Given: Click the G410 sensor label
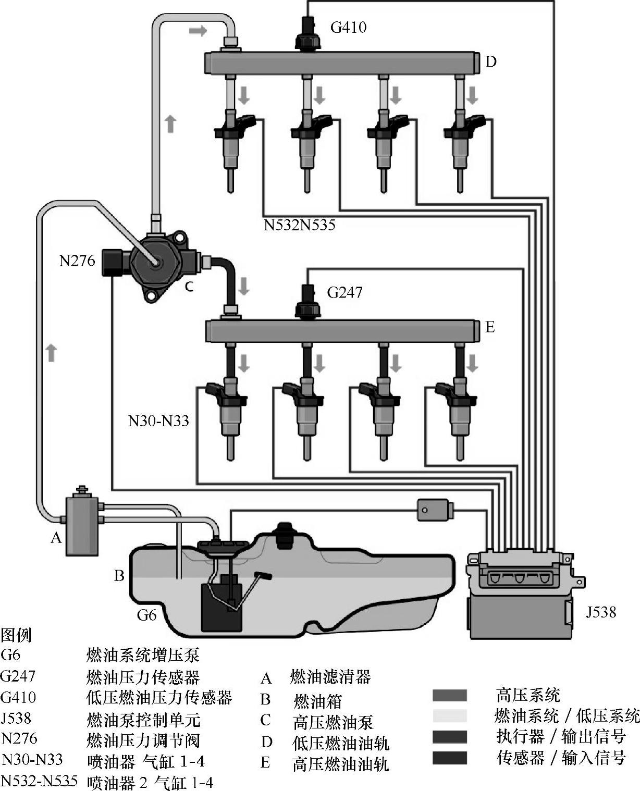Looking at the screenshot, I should coord(348,27).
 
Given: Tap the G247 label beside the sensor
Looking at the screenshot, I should coord(344,292).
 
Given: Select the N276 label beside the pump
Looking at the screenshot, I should coord(77,261).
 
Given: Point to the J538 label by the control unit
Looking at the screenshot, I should coord(600,611).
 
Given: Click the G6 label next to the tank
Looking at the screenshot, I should coord(146,615).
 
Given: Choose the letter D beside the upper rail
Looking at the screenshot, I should coord(491,61).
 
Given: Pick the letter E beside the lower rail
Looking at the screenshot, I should coord(490,327).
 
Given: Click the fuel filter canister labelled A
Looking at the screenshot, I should coord(82,525).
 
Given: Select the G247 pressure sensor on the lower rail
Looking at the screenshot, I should coord(307,303).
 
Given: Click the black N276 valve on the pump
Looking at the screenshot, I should coord(112,262).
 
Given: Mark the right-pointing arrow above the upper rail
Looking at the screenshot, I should coord(198,31).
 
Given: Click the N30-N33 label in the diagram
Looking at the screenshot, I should coord(158,421).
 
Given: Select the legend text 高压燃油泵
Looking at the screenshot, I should coord(333,722).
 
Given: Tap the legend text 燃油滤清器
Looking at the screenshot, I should coord(330,677).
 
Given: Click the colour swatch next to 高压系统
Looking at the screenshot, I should coord(449,696).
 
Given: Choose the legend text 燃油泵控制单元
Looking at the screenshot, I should coord(143,720).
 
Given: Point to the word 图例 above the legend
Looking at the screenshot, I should coord(16,635).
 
